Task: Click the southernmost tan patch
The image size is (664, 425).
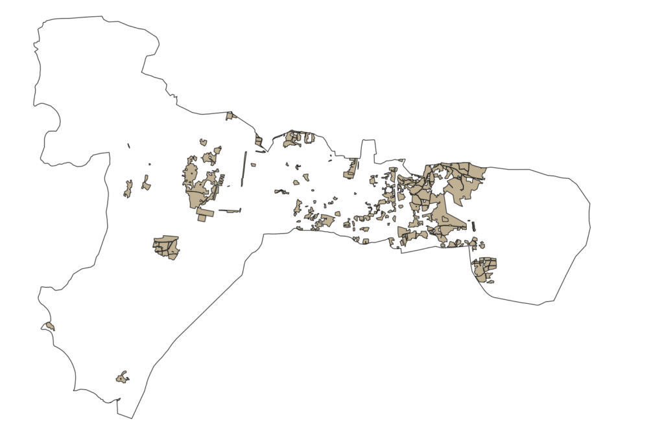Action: click(121, 378)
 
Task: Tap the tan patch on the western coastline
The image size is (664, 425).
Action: click(50, 326)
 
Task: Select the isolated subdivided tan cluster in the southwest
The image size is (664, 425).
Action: click(166, 247)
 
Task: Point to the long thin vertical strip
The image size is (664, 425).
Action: click(244, 168)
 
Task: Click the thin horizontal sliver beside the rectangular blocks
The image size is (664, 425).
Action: click(230, 211)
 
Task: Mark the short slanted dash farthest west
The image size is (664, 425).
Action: click(128, 146)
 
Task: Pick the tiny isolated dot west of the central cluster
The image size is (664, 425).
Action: click(149, 165)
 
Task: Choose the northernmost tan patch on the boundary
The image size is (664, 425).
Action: click(230, 116)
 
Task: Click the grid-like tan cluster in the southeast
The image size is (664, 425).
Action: click(484, 267)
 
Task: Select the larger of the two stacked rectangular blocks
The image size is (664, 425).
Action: click(206, 212)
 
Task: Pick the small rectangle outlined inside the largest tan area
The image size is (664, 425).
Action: click(445, 219)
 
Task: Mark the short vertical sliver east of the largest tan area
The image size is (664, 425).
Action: click(473, 226)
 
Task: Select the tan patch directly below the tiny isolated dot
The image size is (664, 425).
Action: click(146, 184)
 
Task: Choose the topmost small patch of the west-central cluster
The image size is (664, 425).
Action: click(203, 142)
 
